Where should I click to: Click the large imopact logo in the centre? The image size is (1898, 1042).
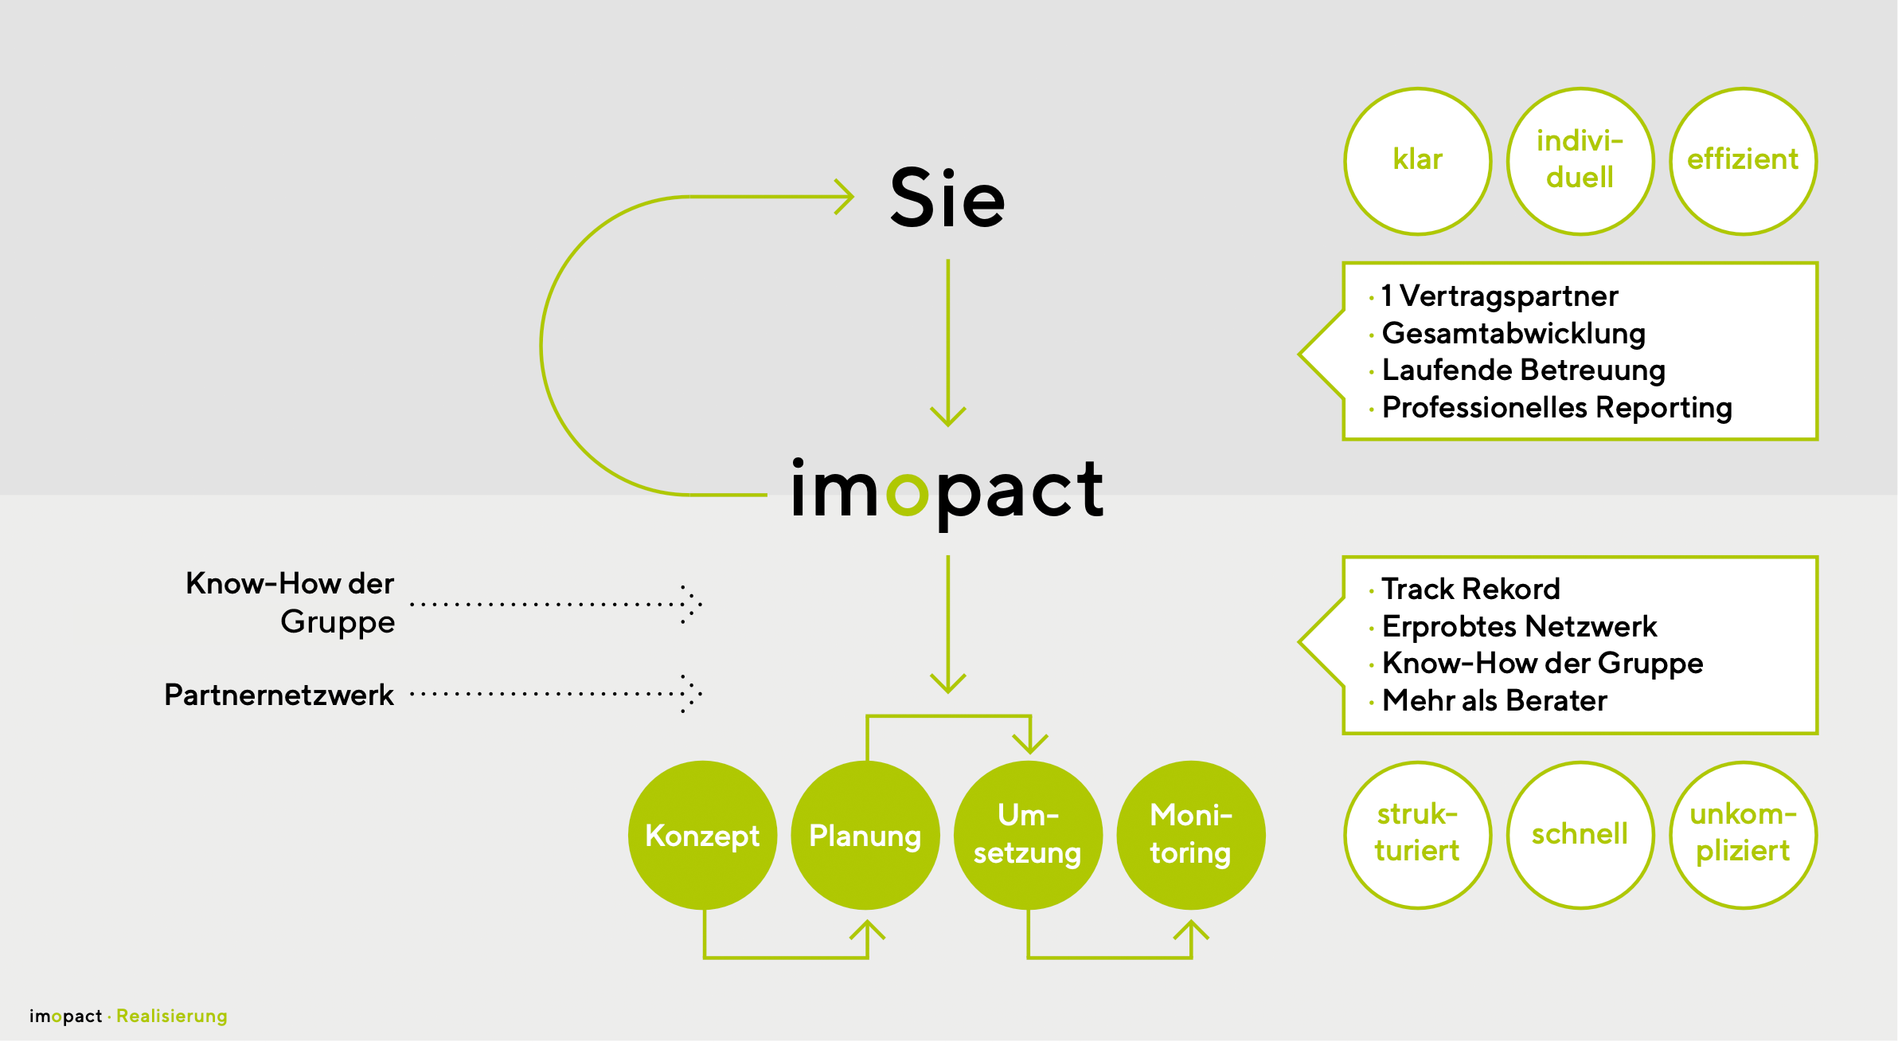[x=947, y=489]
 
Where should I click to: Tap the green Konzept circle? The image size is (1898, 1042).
[x=702, y=835]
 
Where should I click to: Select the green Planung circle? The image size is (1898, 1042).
[x=865, y=835]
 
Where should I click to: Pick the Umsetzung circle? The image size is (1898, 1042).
[x=1028, y=835]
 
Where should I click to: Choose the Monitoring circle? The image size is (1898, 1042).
[x=1191, y=835]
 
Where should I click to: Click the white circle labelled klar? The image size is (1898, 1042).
[x=1418, y=161]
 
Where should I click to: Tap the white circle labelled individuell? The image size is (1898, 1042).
[x=1580, y=161]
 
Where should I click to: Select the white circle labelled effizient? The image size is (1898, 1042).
[x=1743, y=161]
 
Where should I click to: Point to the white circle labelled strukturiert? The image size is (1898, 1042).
[x=1418, y=834]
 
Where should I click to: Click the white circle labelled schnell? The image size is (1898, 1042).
[x=1580, y=834]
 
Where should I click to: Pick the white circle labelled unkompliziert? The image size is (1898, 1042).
[x=1743, y=834]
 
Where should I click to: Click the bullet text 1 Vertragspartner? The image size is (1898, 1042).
[x=1500, y=296]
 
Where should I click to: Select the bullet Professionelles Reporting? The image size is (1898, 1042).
[x=1556, y=408]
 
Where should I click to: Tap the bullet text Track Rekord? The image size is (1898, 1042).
[x=1470, y=590]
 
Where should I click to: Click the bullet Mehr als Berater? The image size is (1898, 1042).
[x=1494, y=701]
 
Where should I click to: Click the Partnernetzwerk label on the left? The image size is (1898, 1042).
[x=279, y=695]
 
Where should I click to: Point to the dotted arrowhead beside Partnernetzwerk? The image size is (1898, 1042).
[x=691, y=693]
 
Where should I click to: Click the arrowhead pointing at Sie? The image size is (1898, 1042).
[x=845, y=197]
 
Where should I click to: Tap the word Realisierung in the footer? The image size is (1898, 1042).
[x=172, y=1016]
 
